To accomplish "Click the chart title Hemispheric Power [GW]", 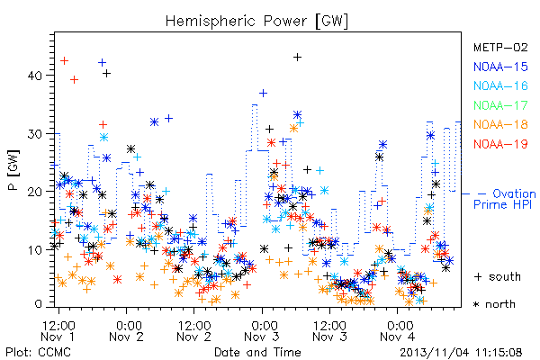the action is click(x=256, y=22).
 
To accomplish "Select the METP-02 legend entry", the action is click(x=500, y=47).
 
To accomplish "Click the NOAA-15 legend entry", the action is click(x=500, y=67).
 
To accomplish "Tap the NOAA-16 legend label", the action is click(x=500, y=85).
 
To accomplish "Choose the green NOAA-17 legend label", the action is click(x=500, y=105).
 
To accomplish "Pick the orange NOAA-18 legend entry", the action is click(x=500, y=124).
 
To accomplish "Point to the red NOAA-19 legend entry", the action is click(x=500, y=144).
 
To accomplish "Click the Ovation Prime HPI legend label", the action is click(x=505, y=199).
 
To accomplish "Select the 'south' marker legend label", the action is click(x=498, y=276).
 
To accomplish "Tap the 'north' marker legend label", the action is click(x=494, y=304).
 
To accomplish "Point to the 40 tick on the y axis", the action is click(x=34, y=76).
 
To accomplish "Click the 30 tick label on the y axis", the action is click(x=34, y=134).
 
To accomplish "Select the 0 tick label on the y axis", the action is click(x=38, y=304).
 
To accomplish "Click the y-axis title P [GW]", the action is click(x=13, y=170).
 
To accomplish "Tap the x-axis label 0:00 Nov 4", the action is click(x=398, y=331).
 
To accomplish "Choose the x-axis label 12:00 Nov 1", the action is click(x=58, y=331).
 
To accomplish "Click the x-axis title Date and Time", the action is click(x=257, y=353).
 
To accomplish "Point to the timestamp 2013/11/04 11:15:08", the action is click(x=461, y=353).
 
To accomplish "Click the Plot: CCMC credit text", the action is click(x=38, y=353).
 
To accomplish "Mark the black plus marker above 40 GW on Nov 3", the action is click(x=298, y=58).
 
